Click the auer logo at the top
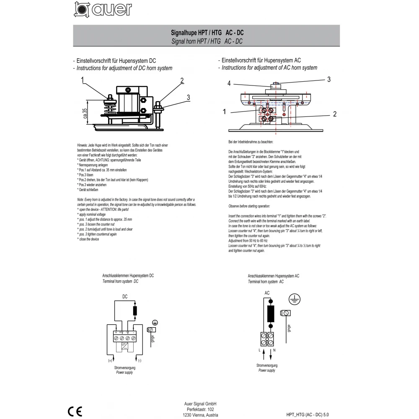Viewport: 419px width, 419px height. [103, 10]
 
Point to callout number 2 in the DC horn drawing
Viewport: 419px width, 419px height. [182, 80]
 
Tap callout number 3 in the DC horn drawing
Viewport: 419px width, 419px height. [188, 97]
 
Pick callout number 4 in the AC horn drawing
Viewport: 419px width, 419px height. [229, 84]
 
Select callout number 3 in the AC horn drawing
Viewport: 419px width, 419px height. [329, 79]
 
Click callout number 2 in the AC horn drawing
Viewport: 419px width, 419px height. [335, 114]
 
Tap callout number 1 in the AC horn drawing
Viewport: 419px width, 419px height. [225, 112]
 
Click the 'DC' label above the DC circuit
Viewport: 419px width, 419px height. [125, 296]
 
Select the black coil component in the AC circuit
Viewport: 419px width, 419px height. [270, 313]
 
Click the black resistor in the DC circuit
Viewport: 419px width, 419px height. [134, 311]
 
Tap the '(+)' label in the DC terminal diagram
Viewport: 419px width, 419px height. [110, 360]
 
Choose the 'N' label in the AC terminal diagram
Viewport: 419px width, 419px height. [274, 349]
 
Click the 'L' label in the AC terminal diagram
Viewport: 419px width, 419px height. [259, 349]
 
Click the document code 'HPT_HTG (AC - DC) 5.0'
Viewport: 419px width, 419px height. [308, 414]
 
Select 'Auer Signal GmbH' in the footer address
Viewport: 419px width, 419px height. [200, 403]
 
